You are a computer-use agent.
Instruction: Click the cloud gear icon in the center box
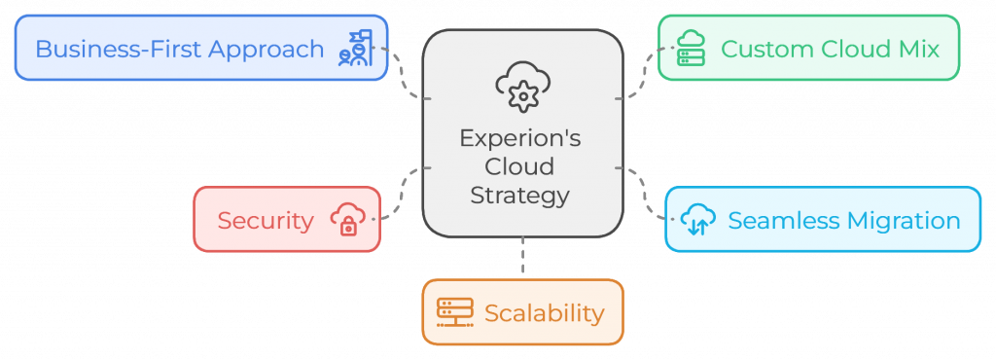point(522,85)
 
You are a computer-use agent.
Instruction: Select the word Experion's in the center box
point(520,138)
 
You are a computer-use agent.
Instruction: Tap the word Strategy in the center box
point(520,195)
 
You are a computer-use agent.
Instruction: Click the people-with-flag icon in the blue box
point(355,48)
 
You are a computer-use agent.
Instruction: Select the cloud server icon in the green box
point(691,48)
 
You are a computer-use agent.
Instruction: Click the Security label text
point(266,221)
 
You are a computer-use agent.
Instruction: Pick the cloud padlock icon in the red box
point(347,220)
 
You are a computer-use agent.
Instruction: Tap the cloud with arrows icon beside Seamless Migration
point(697,220)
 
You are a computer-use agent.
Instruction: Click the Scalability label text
point(544,313)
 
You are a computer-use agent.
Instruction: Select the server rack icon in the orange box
point(454,312)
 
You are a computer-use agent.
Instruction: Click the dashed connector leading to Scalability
point(522,259)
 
